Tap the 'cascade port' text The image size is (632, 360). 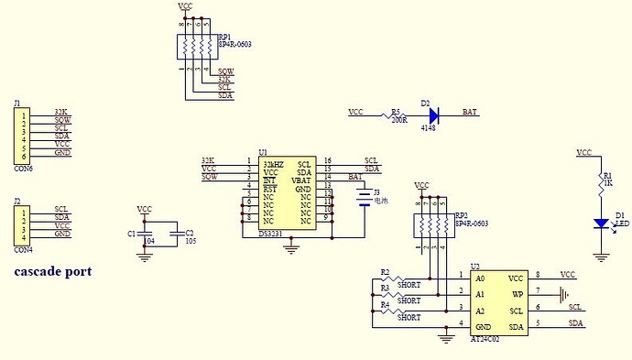pyautogui.click(x=53, y=272)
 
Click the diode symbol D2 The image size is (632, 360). pyautogui.click(x=433, y=114)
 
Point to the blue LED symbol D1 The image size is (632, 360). pyautogui.click(x=602, y=223)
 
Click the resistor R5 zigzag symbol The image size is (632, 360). pyautogui.click(x=397, y=114)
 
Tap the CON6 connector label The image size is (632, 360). pyautogui.click(x=23, y=169)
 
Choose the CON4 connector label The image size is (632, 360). pyautogui.click(x=23, y=248)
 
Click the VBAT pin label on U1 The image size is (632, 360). pyautogui.click(x=300, y=180)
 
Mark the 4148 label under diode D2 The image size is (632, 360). pyautogui.click(x=428, y=129)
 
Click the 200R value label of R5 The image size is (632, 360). pyautogui.click(x=398, y=120)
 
